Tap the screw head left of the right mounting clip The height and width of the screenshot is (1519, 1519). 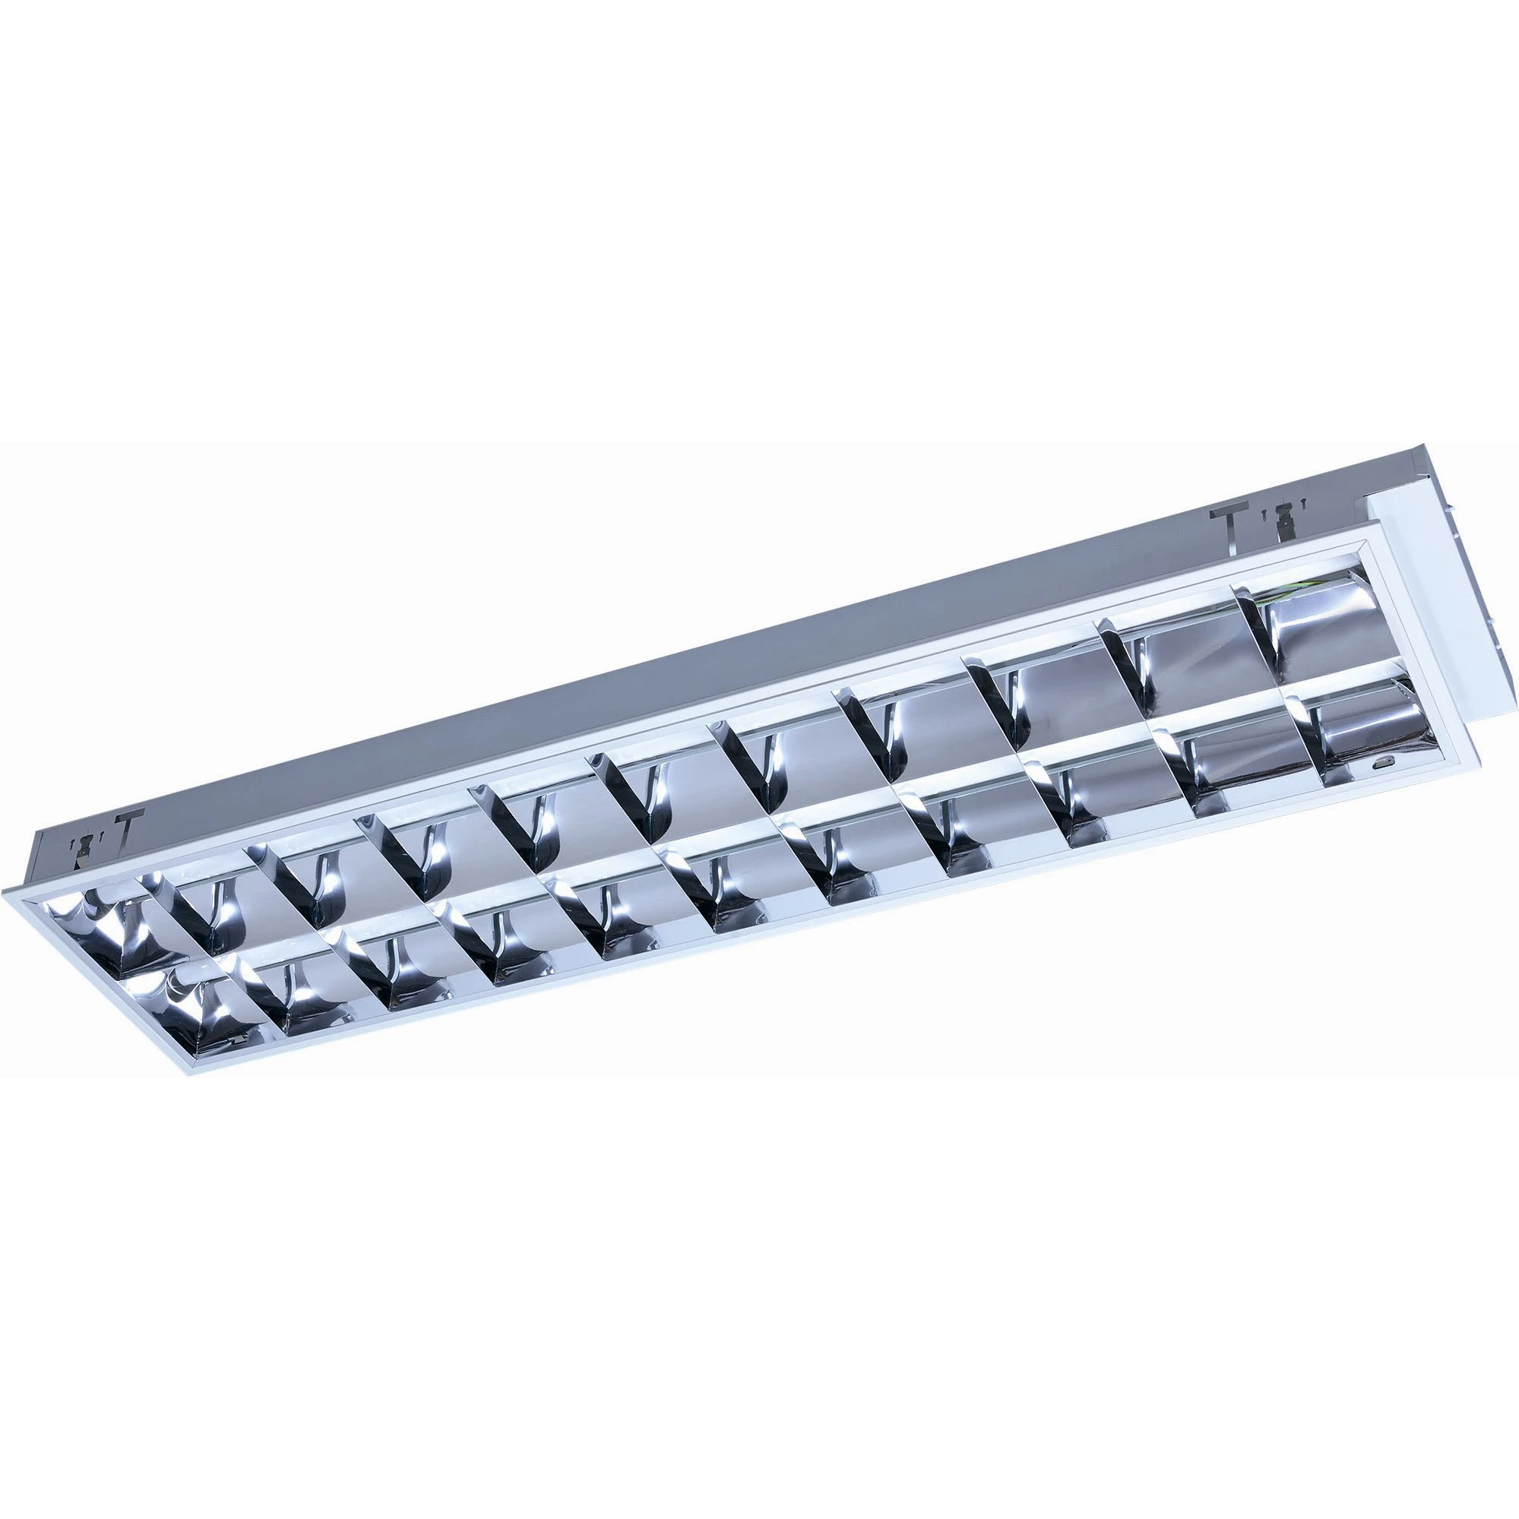click(1264, 516)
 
